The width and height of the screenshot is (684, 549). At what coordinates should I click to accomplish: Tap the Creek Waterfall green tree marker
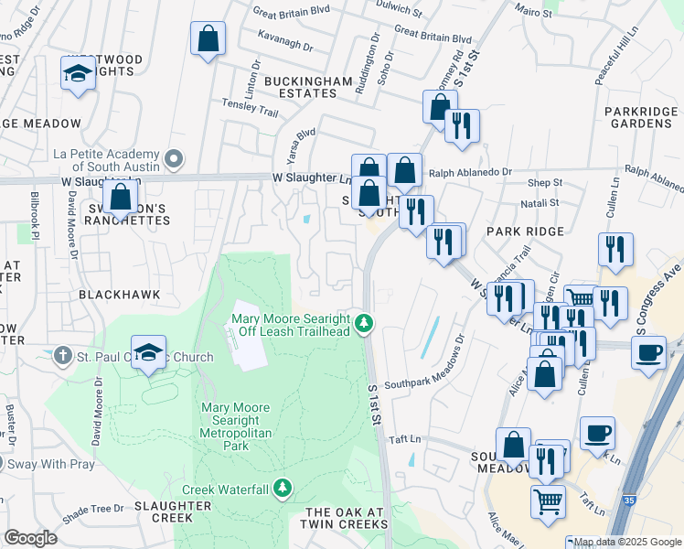point(283,489)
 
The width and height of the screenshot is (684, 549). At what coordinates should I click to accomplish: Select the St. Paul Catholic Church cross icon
point(62,353)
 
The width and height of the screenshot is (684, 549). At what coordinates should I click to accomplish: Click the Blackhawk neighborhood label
point(120,295)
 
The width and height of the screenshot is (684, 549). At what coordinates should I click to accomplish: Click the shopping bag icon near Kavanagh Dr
point(208,39)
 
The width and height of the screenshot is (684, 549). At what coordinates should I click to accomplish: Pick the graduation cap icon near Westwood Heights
point(79,73)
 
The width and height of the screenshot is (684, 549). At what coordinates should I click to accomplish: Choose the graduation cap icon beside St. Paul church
point(148,352)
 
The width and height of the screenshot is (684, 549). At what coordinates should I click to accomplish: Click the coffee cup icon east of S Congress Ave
point(648,352)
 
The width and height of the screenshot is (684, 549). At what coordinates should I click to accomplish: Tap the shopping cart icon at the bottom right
point(548,501)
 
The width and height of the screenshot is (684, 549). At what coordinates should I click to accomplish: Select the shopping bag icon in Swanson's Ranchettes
point(120,196)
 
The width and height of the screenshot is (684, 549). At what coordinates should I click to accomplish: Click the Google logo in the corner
point(30,537)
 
